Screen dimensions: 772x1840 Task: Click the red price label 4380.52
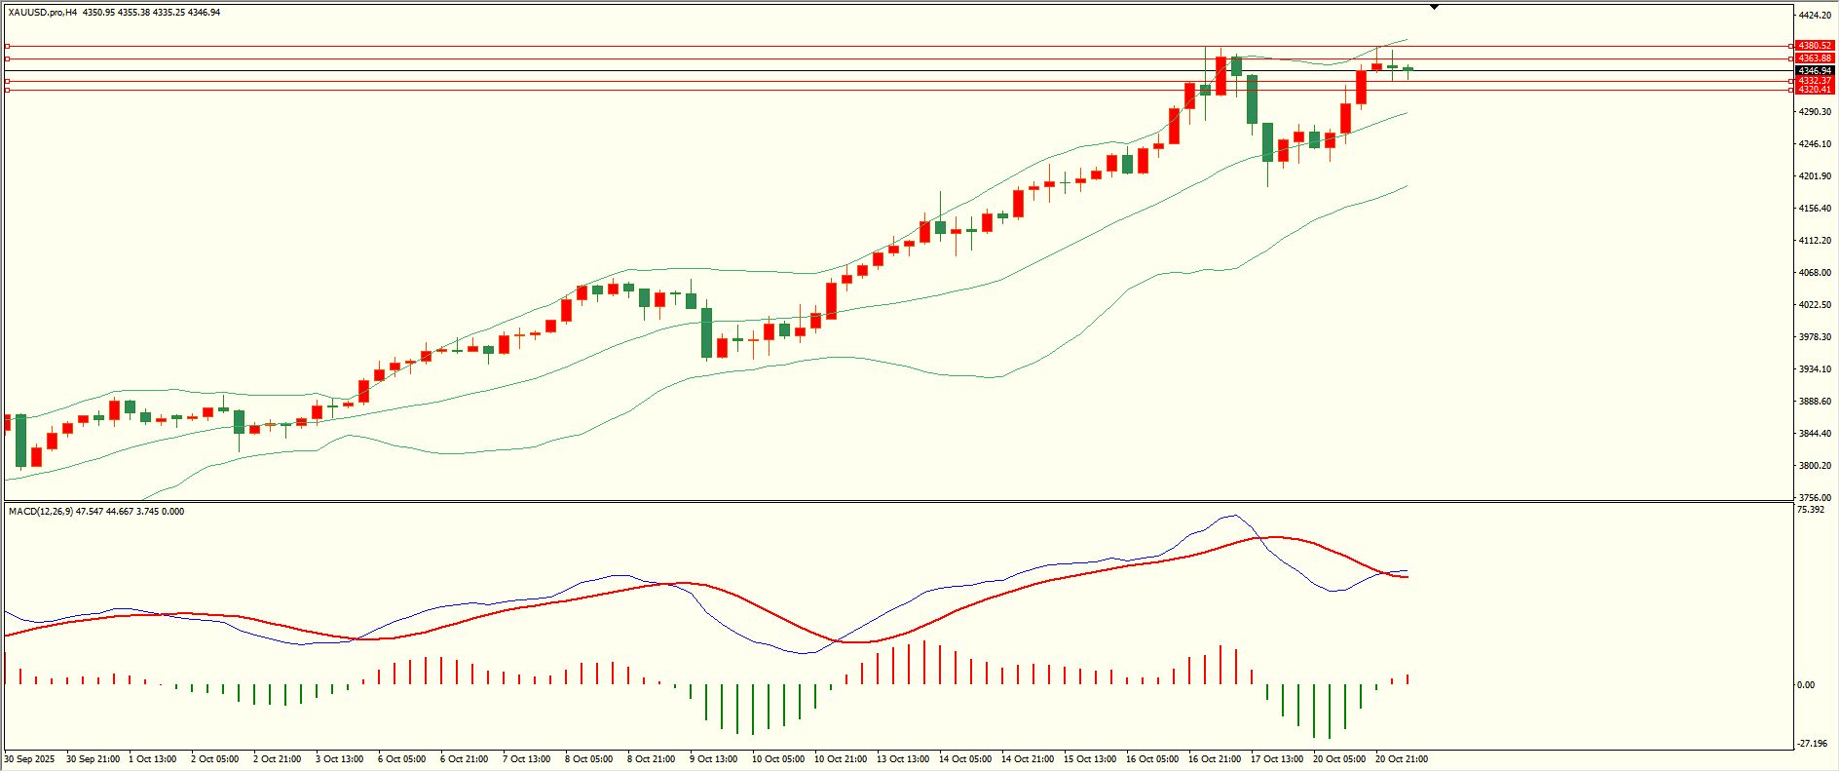coord(1815,46)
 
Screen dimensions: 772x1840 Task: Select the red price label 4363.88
coord(1815,58)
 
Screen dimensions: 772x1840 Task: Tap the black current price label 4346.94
coord(1815,71)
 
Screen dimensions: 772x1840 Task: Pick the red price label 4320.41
coord(1815,90)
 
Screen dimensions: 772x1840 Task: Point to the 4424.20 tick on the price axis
coord(1815,16)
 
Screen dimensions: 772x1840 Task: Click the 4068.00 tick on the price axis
coord(1815,273)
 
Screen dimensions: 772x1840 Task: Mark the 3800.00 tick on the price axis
coord(1815,466)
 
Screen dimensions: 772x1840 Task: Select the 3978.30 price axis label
coord(1815,337)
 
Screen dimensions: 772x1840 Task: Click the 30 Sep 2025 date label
coord(30,759)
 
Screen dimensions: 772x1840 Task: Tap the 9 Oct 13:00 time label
coord(714,759)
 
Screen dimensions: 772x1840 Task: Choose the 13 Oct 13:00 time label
coord(903,759)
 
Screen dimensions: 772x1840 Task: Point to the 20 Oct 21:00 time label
coord(1402,759)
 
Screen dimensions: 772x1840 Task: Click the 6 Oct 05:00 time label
coord(401,759)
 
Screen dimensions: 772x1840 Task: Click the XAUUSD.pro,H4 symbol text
coord(43,13)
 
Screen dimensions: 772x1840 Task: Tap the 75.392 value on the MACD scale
coord(1811,510)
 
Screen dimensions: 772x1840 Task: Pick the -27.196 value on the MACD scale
coord(1813,744)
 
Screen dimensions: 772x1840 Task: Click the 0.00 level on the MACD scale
coord(1806,685)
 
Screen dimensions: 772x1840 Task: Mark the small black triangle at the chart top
coord(1435,7)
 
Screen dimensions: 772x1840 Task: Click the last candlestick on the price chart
coord(1408,69)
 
